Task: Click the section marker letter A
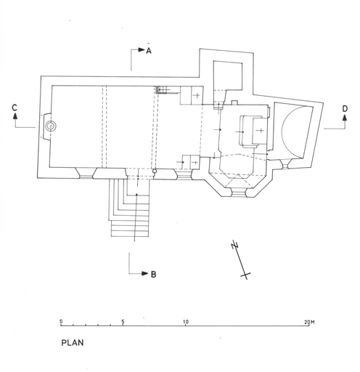point(149,50)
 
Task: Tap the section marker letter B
point(153,275)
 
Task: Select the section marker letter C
point(15,108)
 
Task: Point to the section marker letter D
point(345,109)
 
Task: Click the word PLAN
point(73,343)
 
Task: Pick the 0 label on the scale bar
point(61,322)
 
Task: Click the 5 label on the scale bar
point(123,322)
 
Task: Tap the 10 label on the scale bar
point(186,322)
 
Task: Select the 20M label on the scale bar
point(309,322)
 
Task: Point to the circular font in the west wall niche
point(51,126)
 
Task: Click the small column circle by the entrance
point(155,171)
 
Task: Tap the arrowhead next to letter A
point(142,49)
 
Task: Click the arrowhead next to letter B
point(145,273)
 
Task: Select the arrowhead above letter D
point(345,118)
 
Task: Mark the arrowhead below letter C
point(15,116)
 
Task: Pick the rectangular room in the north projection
point(228,76)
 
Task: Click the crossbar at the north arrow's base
point(245,275)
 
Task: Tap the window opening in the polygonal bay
point(238,193)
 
